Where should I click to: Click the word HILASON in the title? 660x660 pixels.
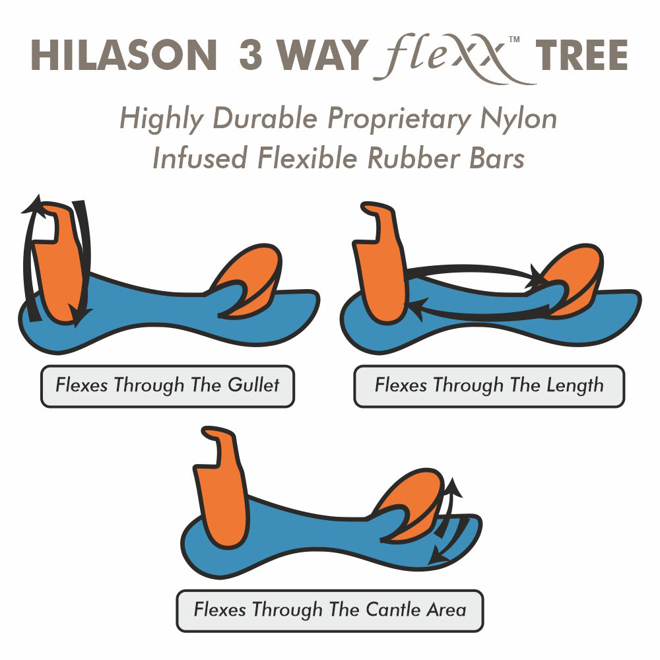[124, 55]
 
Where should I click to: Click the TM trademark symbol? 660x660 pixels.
[514, 40]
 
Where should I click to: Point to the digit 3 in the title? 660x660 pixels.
[251, 55]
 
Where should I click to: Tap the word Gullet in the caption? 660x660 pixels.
[253, 385]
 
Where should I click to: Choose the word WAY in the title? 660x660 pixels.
[321, 55]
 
